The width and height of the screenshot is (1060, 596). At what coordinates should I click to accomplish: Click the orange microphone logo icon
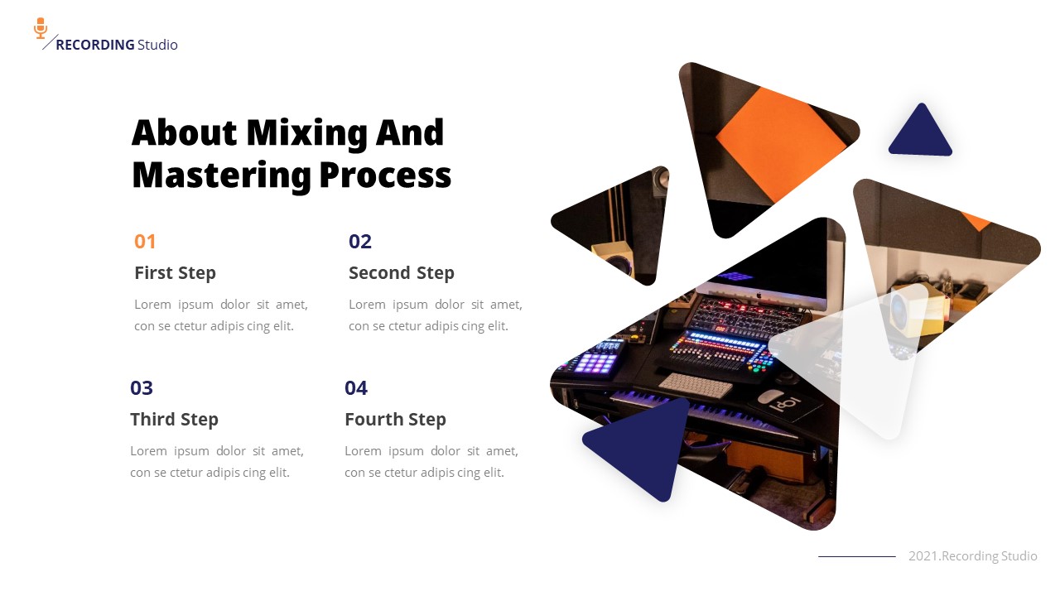pos(41,28)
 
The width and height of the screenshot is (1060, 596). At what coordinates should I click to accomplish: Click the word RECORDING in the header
pos(94,45)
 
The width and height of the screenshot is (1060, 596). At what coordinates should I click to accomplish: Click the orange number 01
pos(145,242)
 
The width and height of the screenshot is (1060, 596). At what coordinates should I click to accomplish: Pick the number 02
pos(360,242)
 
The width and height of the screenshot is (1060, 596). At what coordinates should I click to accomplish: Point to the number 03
pos(142,388)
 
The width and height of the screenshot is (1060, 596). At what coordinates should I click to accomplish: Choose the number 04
pos(356,388)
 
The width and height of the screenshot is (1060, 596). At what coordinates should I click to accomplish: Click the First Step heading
pos(175,273)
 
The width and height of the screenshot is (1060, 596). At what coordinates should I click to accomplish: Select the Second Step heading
pos(402,273)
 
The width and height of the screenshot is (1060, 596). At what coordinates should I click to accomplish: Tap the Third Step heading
pos(174,420)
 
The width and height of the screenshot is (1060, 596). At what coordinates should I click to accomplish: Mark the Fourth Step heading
pos(395,420)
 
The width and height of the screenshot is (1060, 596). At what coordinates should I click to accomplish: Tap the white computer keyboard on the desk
pos(696,385)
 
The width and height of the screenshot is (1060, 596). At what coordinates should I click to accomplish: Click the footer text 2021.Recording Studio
pos(972,556)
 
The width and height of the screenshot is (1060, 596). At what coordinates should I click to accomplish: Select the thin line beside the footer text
pos(856,556)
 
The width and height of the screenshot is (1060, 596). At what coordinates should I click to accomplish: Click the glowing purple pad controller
pos(595,362)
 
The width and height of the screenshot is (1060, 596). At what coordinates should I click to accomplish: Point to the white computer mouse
pos(770,396)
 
